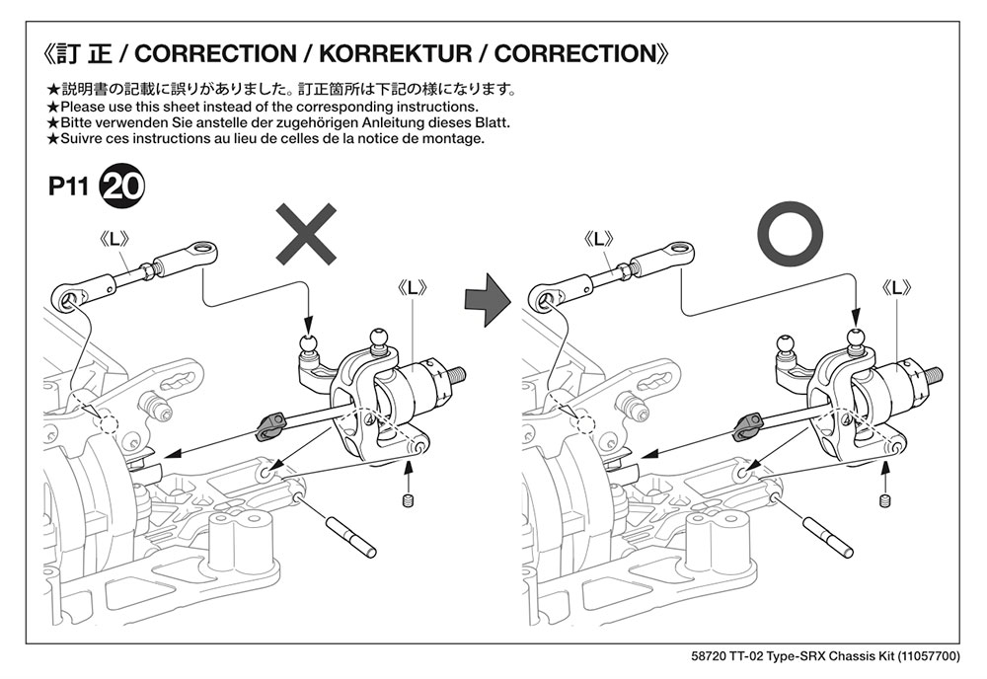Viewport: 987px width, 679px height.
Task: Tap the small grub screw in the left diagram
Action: [x=407, y=505]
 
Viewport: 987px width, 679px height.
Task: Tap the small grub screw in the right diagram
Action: [x=884, y=501]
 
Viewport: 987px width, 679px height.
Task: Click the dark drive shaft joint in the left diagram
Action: [x=268, y=427]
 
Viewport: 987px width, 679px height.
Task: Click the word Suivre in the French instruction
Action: [x=84, y=139]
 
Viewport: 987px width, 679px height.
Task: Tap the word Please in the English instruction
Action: [x=84, y=107]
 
